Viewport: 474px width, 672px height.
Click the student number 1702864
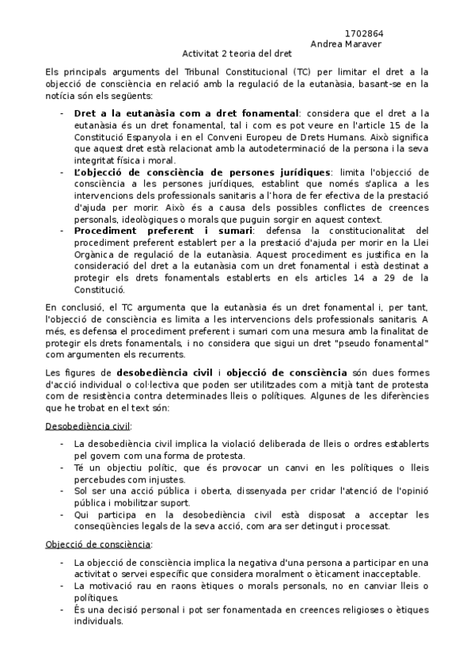pyautogui.click(x=365, y=33)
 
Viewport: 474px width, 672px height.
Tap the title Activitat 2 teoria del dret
pyautogui.click(x=237, y=54)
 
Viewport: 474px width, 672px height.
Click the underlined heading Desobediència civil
pyautogui.click(x=77, y=426)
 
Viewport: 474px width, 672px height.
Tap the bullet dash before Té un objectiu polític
pyautogui.click(x=63, y=468)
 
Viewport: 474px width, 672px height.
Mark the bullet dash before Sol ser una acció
pyautogui.click(x=63, y=491)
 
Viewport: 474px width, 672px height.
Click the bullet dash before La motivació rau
pyautogui.click(x=63, y=586)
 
